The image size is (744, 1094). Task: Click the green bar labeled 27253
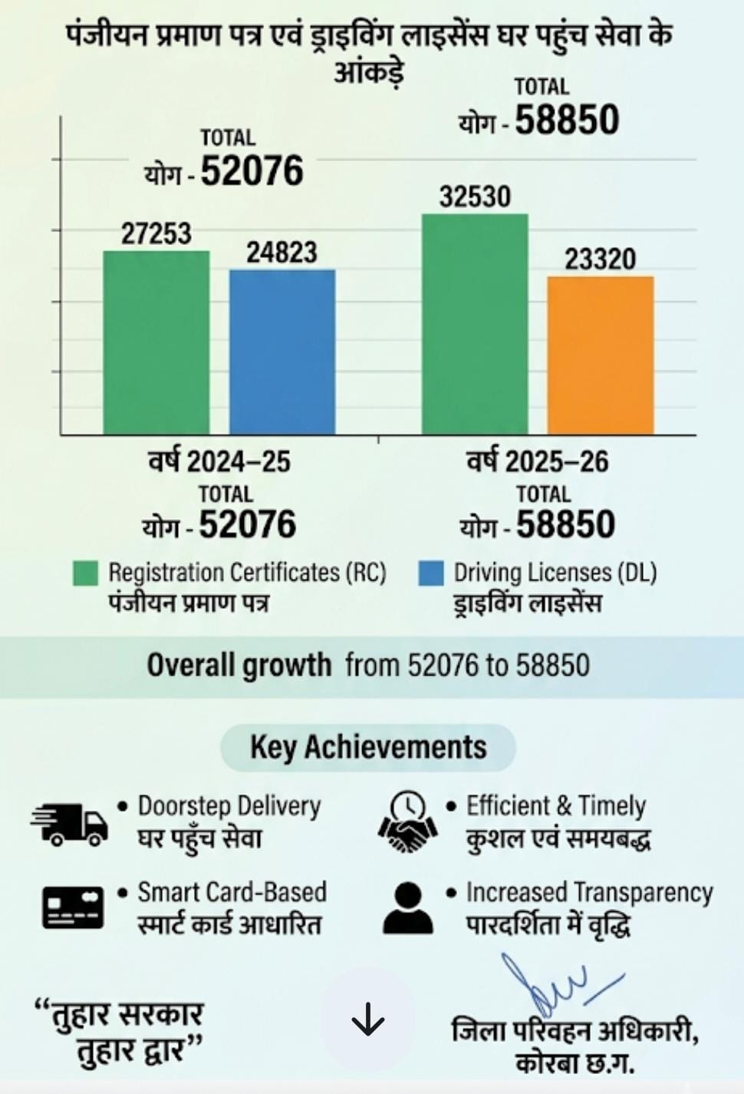[156, 342]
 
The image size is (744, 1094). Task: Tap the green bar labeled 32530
[475, 324]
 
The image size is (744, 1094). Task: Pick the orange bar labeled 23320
[601, 355]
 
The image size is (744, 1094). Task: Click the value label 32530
[475, 197]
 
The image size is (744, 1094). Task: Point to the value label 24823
[281, 253]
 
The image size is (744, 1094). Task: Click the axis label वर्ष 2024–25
[219, 461]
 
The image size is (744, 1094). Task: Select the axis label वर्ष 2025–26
[538, 461]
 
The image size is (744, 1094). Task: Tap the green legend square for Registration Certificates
[85, 573]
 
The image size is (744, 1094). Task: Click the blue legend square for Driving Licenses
[431, 573]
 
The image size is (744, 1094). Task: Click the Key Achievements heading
[368, 747]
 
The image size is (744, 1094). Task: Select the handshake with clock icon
[407, 822]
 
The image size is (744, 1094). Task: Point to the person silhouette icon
[407, 907]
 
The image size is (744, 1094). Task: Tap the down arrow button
[367, 1020]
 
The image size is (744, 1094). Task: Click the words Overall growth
[239, 665]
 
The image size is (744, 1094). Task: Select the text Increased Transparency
[589, 892]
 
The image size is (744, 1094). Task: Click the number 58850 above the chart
[567, 121]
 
